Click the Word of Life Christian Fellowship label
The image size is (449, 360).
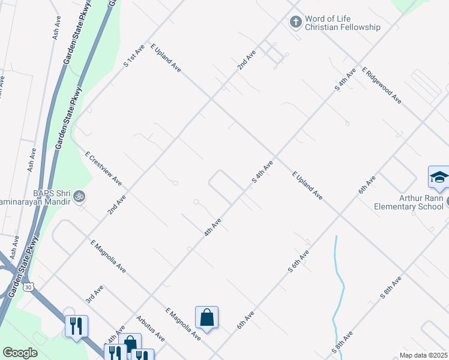(x=342, y=23)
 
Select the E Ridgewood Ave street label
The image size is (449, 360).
(x=381, y=86)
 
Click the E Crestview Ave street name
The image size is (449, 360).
(x=103, y=168)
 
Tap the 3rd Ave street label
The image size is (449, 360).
(x=94, y=293)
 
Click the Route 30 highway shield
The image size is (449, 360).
(x=28, y=287)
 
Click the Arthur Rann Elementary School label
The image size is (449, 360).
(x=408, y=203)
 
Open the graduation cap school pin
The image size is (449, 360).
(x=439, y=176)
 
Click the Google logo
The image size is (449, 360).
(x=20, y=353)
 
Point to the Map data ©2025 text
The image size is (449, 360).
(x=423, y=355)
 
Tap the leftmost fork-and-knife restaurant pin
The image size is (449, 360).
(x=76, y=326)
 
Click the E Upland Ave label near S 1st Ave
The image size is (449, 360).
(x=166, y=58)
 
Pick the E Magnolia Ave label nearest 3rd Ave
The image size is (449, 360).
(x=108, y=257)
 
